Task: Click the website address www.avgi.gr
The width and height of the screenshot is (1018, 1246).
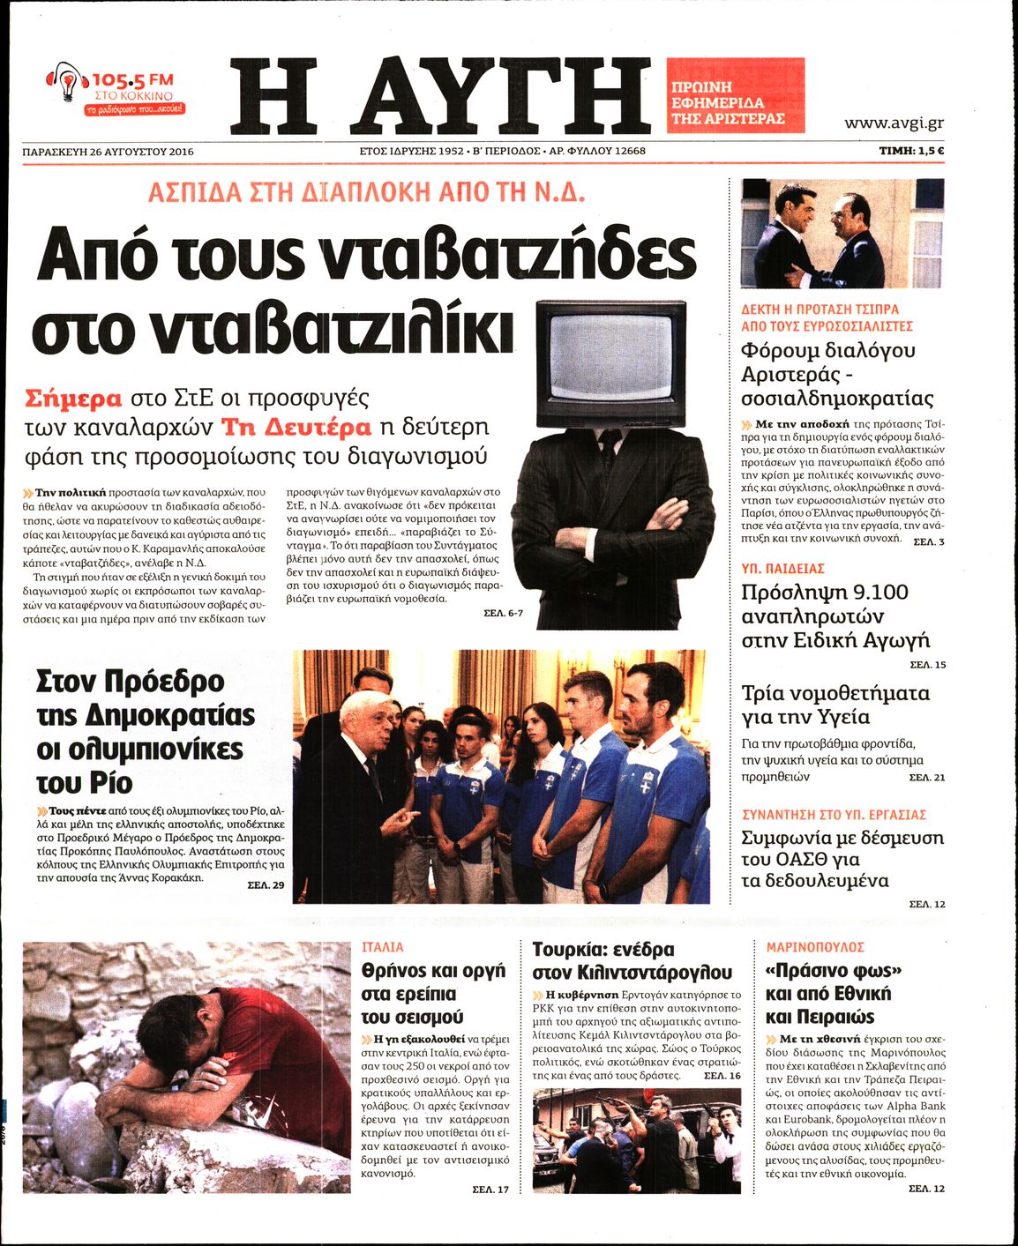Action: [894, 123]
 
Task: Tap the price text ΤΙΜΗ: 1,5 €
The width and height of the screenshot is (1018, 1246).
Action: [911, 151]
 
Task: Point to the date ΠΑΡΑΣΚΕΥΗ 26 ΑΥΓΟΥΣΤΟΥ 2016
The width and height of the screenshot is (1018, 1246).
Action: [108, 151]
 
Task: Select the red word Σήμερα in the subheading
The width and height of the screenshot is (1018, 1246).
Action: [73, 398]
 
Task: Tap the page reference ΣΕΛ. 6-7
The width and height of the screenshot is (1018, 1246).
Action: [503, 612]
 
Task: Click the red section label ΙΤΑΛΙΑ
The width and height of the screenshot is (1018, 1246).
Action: [383, 947]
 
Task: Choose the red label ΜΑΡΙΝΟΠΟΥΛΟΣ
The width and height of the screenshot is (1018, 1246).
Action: [815, 947]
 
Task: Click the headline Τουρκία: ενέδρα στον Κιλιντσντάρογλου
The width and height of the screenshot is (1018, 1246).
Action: [632, 960]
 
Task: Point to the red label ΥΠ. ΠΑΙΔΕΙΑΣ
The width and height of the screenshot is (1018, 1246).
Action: [782, 569]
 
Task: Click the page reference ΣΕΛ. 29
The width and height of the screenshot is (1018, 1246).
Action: [266, 884]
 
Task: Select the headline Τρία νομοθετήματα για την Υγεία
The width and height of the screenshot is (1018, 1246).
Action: [835, 705]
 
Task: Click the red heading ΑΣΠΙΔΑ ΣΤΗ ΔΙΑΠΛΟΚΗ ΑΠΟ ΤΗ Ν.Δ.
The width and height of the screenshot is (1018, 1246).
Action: [367, 192]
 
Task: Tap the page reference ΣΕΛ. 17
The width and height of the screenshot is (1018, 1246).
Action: [490, 1190]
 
